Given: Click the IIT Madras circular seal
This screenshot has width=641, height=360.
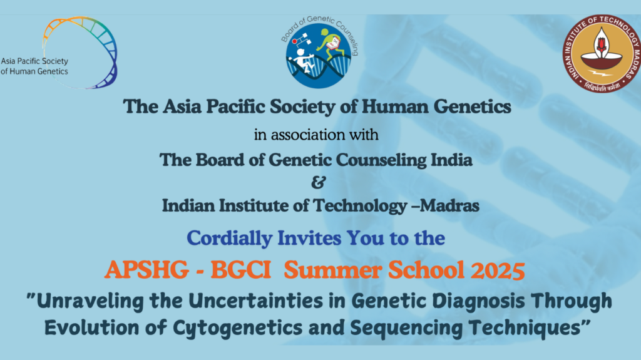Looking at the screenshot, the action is click(x=602, y=53).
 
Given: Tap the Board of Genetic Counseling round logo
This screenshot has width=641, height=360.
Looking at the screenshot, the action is click(x=319, y=53).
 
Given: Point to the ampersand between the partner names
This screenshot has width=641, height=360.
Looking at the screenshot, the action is click(x=319, y=182).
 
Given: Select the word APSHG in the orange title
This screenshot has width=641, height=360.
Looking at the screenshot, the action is click(x=146, y=270).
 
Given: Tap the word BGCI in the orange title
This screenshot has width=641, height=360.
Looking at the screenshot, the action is click(x=241, y=270).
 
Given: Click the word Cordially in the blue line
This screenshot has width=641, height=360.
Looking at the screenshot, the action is click(x=229, y=239).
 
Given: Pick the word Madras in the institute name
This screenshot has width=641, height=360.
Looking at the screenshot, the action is click(x=449, y=205).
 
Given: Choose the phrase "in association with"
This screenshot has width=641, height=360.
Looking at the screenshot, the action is click(x=316, y=135).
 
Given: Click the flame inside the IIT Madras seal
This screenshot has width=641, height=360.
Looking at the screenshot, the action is click(x=602, y=42).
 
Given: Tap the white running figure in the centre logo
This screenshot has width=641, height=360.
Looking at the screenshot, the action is click(x=302, y=61).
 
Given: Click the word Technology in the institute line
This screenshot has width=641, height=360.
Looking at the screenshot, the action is click(x=360, y=206).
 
